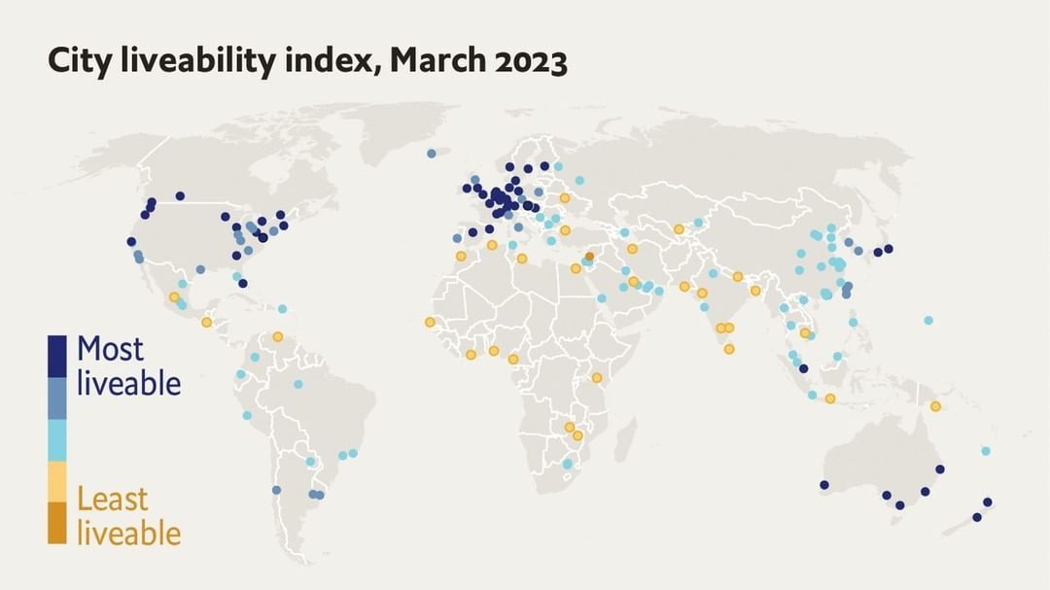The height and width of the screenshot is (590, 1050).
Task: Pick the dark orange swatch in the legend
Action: pyautogui.click(x=57, y=523)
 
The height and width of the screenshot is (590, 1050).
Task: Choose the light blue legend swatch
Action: pyautogui.click(x=57, y=439)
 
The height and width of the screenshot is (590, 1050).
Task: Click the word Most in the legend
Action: pyautogui.click(x=110, y=349)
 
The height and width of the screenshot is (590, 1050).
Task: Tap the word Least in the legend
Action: pyautogui.click(x=113, y=500)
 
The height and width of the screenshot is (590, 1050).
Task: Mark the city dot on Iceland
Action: pyautogui.click(x=432, y=153)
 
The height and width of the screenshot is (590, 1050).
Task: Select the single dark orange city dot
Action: pyautogui.click(x=589, y=257)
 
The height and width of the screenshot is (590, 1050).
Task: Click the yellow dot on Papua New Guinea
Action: pyautogui.click(x=936, y=406)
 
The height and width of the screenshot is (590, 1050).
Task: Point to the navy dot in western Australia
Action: pyautogui.click(x=824, y=485)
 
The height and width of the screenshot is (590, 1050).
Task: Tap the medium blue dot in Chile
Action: pyautogui.click(x=277, y=490)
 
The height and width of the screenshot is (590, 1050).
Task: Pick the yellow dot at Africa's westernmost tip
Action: pyautogui.click(x=430, y=322)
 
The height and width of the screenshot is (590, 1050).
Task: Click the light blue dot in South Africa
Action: pyautogui.click(x=568, y=464)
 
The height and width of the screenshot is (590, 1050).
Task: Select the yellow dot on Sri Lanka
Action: pyautogui.click(x=729, y=349)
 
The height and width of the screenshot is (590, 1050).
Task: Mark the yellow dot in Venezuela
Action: pyautogui.click(x=278, y=336)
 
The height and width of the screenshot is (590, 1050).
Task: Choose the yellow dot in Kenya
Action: pyautogui.click(x=596, y=378)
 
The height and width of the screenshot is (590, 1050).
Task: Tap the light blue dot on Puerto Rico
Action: pyautogui.click(x=282, y=309)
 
